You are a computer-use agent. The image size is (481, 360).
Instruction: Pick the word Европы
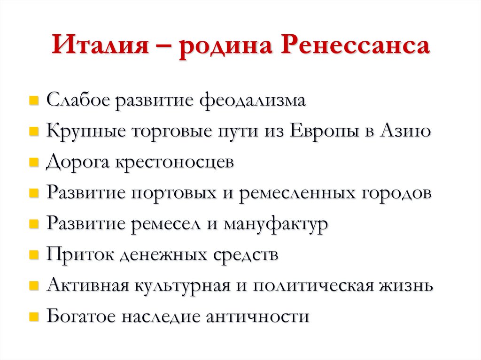point(327,131)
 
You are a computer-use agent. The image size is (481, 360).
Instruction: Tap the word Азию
point(408,131)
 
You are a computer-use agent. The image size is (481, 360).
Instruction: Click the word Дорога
point(76,163)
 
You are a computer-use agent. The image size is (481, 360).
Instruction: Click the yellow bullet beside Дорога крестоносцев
point(33,163)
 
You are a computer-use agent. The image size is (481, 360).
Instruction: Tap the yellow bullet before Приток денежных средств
point(33,256)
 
